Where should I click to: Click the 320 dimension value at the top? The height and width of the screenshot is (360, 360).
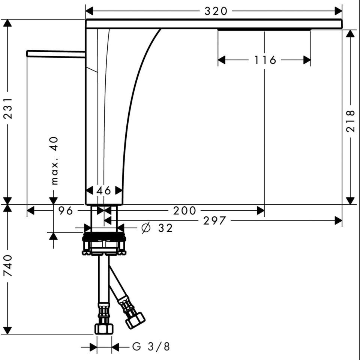216,11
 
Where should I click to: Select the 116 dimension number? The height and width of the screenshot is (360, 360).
265,60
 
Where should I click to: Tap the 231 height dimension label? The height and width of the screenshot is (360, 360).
8,108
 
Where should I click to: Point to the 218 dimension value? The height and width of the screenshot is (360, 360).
350,121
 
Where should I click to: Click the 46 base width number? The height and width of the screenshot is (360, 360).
103,190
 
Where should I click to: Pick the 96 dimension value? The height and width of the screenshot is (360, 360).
65,210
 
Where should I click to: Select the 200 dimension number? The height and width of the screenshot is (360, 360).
184,210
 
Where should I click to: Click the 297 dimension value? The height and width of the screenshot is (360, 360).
214,221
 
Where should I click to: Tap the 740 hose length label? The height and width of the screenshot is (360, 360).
8,265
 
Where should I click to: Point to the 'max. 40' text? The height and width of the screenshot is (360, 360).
54,161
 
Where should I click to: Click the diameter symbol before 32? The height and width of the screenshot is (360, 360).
146,228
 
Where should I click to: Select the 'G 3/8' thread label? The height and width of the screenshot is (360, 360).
151,346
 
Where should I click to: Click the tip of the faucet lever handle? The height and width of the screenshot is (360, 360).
27,54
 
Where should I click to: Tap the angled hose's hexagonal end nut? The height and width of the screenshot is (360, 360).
135,320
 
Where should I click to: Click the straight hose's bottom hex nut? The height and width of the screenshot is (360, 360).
104,328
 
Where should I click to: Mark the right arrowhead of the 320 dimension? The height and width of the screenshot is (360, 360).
338,11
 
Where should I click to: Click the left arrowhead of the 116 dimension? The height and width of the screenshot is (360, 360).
222,60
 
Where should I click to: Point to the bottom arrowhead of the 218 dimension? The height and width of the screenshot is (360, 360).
350,201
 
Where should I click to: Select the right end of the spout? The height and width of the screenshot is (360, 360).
342,24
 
